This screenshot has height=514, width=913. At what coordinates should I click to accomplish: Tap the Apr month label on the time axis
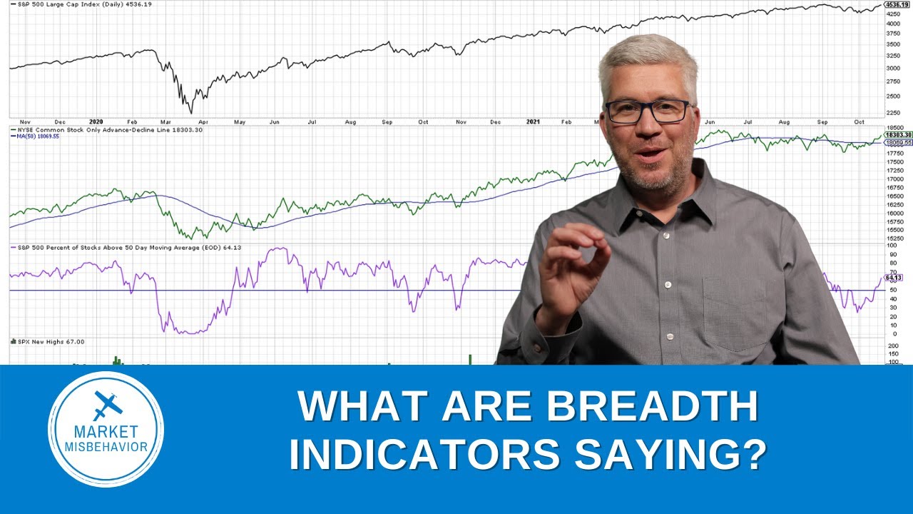tap(202, 122)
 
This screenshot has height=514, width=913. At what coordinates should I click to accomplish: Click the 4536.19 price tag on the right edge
tap(897, 4)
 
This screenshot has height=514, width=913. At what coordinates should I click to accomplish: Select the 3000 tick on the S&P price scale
tap(892, 69)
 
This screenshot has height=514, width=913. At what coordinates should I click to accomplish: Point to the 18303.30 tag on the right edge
tap(897, 135)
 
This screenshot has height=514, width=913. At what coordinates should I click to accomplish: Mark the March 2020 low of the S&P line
tap(190, 111)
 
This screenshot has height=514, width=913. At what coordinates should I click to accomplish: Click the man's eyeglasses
tap(648, 111)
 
